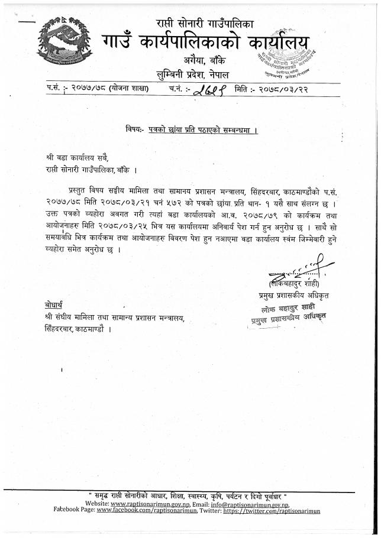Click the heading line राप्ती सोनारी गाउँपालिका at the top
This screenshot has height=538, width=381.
point(205,24)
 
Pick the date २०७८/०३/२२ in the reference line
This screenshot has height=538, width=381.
point(280,90)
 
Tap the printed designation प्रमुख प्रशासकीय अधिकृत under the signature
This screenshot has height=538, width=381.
point(291,294)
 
